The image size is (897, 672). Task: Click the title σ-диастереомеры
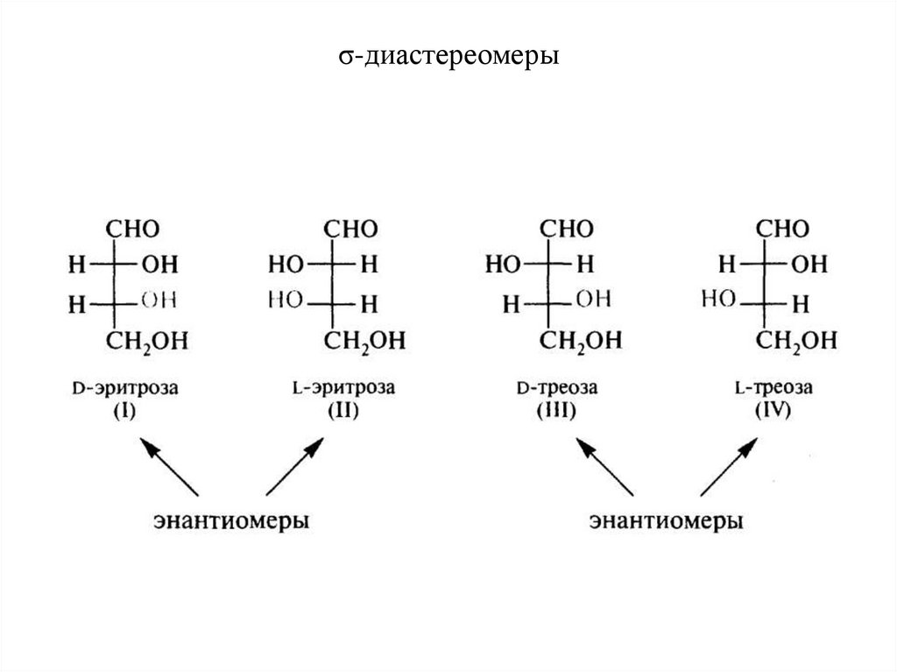(448, 58)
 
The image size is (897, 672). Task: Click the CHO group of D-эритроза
(133, 230)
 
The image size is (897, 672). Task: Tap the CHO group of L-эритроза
(351, 230)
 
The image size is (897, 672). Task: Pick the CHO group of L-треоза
(782, 230)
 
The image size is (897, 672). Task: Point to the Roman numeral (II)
(343, 410)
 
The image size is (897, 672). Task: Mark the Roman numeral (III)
(558, 410)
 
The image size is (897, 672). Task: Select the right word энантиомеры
(667, 521)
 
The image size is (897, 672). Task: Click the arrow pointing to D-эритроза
(170, 468)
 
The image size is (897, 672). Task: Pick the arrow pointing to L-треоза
(727, 468)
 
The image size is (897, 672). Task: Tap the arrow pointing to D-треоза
(604, 468)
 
